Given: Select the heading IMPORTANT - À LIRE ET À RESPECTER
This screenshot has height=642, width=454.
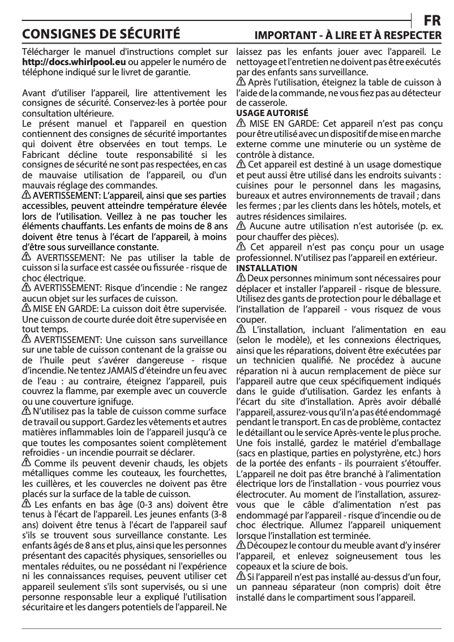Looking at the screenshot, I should (348, 35).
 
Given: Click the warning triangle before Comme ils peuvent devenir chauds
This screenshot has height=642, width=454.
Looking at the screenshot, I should (26, 464).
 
